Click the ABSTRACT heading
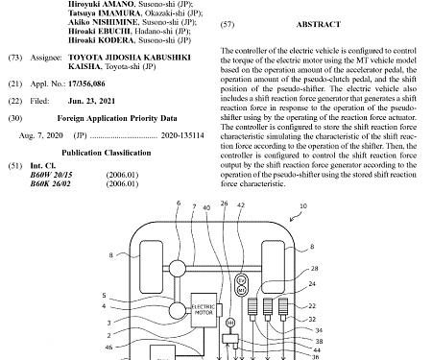click(x=314, y=23)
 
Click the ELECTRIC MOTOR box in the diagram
click(x=205, y=306)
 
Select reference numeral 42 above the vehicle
click(x=241, y=204)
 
